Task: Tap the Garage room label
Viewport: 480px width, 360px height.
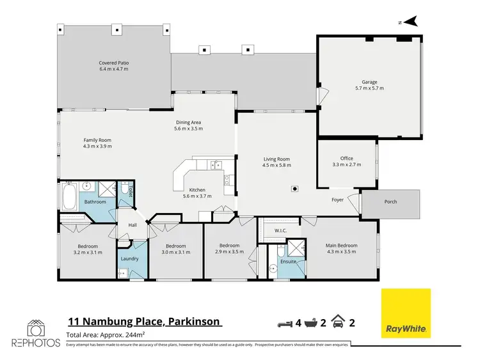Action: click(x=369, y=82)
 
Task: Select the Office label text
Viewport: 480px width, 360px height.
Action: click(x=346, y=159)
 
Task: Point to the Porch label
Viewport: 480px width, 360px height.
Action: click(x=390, y=201)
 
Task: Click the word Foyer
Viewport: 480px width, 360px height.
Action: click(x=337, y=200)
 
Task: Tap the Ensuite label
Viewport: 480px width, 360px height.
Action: click(x=288, y=262)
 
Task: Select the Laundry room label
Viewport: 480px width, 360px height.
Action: click(x=131, y=259)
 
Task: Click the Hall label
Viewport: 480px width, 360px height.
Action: click(x=132, y=225)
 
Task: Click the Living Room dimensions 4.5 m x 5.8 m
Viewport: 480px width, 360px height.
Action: click(x=277, y=165)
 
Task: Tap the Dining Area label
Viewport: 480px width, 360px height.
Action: click(x=188, y=123)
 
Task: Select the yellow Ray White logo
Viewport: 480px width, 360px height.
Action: click(x=406, y=313)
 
